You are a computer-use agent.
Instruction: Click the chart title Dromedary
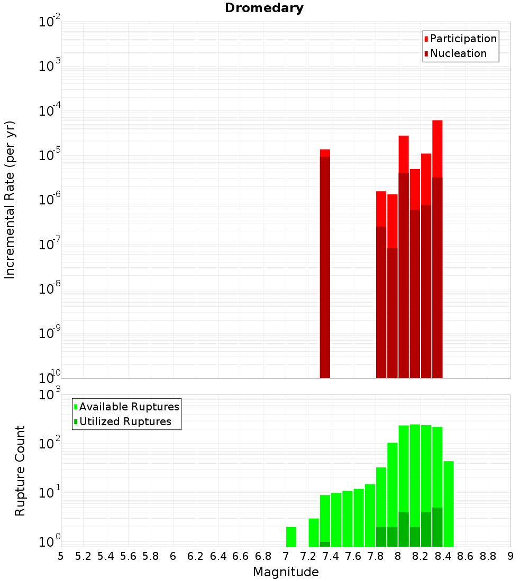(x=264, y=8)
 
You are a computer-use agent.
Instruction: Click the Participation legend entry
(x=463, y=39)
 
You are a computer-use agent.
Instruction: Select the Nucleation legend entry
(x=458, y=53)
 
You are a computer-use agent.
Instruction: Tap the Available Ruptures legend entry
(x=129, y=407)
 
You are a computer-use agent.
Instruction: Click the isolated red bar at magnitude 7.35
(x=325, y=264)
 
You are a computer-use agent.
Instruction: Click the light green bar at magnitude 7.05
(x=291, y=537)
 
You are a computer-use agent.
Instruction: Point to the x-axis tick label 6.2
(x=195, y=556)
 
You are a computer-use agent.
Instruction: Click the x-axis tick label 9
(x=510, y=556)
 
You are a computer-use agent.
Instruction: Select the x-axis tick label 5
(x=61, y=556)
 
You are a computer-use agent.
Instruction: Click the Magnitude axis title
(x=286, y=572)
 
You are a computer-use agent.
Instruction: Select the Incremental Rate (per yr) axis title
(x=10, y=200)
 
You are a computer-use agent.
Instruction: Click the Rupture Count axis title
(x=20, y=470)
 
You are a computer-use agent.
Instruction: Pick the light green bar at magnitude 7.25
(x=314, y=532)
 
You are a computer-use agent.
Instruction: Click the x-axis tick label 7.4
(x=331, y=556)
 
